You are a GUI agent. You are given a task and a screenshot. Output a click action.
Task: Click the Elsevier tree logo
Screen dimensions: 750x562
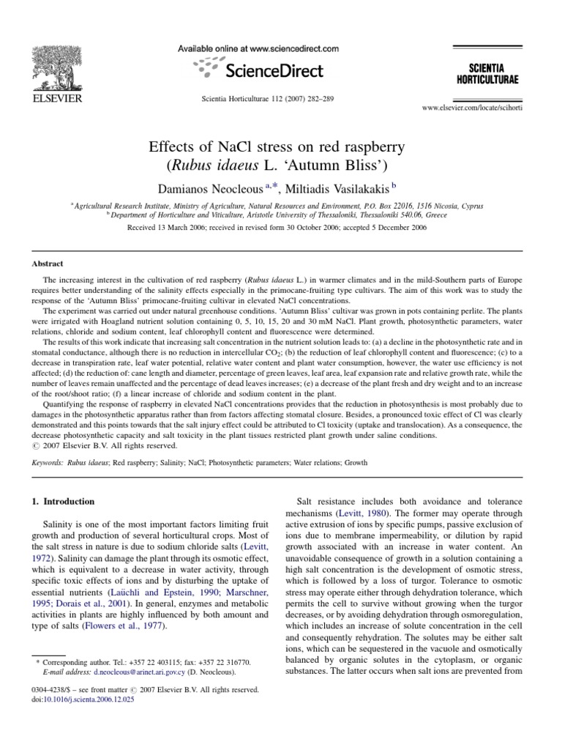point(56,64)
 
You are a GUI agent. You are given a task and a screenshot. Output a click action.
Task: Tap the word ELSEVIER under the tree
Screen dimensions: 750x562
point(56,97)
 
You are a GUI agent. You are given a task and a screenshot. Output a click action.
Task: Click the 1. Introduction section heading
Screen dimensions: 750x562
point(64,502)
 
